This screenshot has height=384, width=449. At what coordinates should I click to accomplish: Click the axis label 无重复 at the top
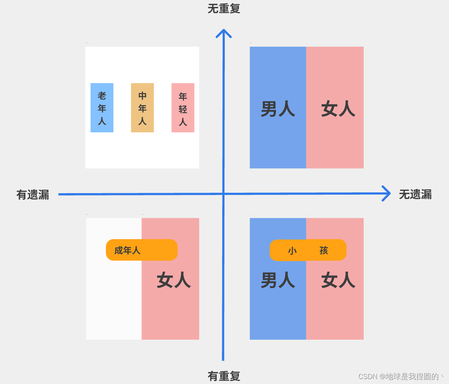224,8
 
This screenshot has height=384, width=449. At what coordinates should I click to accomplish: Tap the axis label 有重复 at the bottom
224,376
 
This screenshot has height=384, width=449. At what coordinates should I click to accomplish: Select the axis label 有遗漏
33,195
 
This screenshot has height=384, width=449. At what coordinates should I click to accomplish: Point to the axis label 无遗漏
415,195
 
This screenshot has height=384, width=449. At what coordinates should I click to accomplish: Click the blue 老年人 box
102,108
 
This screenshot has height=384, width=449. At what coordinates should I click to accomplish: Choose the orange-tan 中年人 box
142,108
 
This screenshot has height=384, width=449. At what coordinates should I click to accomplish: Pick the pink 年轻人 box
183,108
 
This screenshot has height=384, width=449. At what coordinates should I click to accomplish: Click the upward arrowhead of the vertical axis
224,33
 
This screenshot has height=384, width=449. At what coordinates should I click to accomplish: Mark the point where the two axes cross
223,194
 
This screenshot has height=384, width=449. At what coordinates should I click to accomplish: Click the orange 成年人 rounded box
141,250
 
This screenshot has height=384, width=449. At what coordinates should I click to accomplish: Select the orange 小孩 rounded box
308,250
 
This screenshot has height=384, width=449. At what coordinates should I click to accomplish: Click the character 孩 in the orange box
323,250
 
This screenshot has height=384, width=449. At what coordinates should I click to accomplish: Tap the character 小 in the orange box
292,250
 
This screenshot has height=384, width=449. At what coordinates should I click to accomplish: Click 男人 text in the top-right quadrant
278,109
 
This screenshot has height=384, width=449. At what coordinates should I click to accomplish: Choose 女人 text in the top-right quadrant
338,109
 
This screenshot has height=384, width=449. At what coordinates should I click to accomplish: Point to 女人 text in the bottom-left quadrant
174,281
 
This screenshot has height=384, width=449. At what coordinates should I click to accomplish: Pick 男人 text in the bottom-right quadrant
278,281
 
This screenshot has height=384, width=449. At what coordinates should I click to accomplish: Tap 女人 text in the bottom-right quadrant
338,281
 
